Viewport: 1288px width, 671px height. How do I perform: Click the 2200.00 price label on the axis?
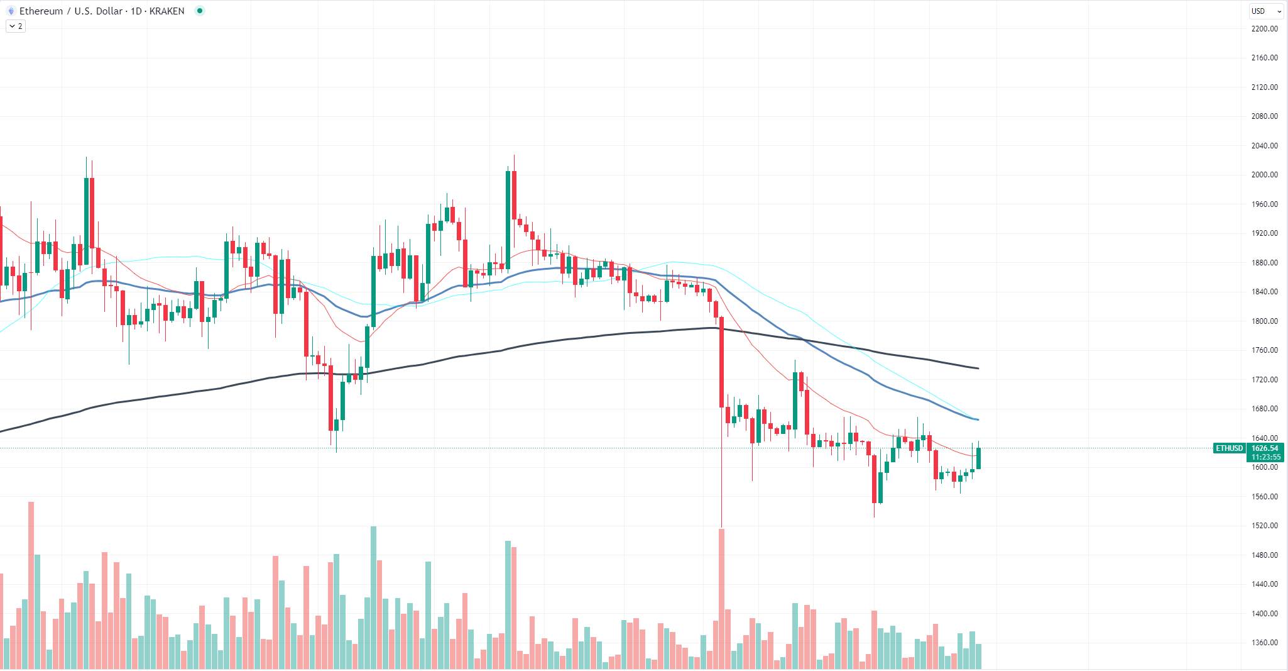point(1264,28)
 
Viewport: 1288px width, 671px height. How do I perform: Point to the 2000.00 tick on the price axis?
point(1264,175)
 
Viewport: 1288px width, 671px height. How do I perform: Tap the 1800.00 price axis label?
point(1264,321)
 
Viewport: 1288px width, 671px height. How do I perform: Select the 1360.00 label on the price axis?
point(1264,643)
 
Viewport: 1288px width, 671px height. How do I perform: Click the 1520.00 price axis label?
point(1264,526)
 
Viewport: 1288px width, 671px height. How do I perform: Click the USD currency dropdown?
point(1265,11)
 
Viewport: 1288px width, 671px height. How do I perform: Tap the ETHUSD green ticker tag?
point(1229,448)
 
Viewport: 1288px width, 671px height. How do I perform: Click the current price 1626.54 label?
point(1264,448)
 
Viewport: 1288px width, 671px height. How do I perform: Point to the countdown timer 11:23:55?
point(1264,457)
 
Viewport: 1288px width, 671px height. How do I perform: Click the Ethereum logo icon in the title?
point(11,11)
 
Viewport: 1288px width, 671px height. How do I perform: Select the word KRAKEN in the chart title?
point(166,11)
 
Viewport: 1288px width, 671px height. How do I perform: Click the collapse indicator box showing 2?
point(16,26)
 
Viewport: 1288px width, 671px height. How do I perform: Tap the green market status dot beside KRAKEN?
point(200,11)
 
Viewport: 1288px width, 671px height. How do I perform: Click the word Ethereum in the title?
point(41,11)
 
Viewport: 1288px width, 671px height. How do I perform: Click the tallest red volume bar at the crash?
point(721,597)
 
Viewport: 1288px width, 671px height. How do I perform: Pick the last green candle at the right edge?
point(978,458)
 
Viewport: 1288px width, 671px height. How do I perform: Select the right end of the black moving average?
point(977,368)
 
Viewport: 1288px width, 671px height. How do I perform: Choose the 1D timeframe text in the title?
point(136,11)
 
